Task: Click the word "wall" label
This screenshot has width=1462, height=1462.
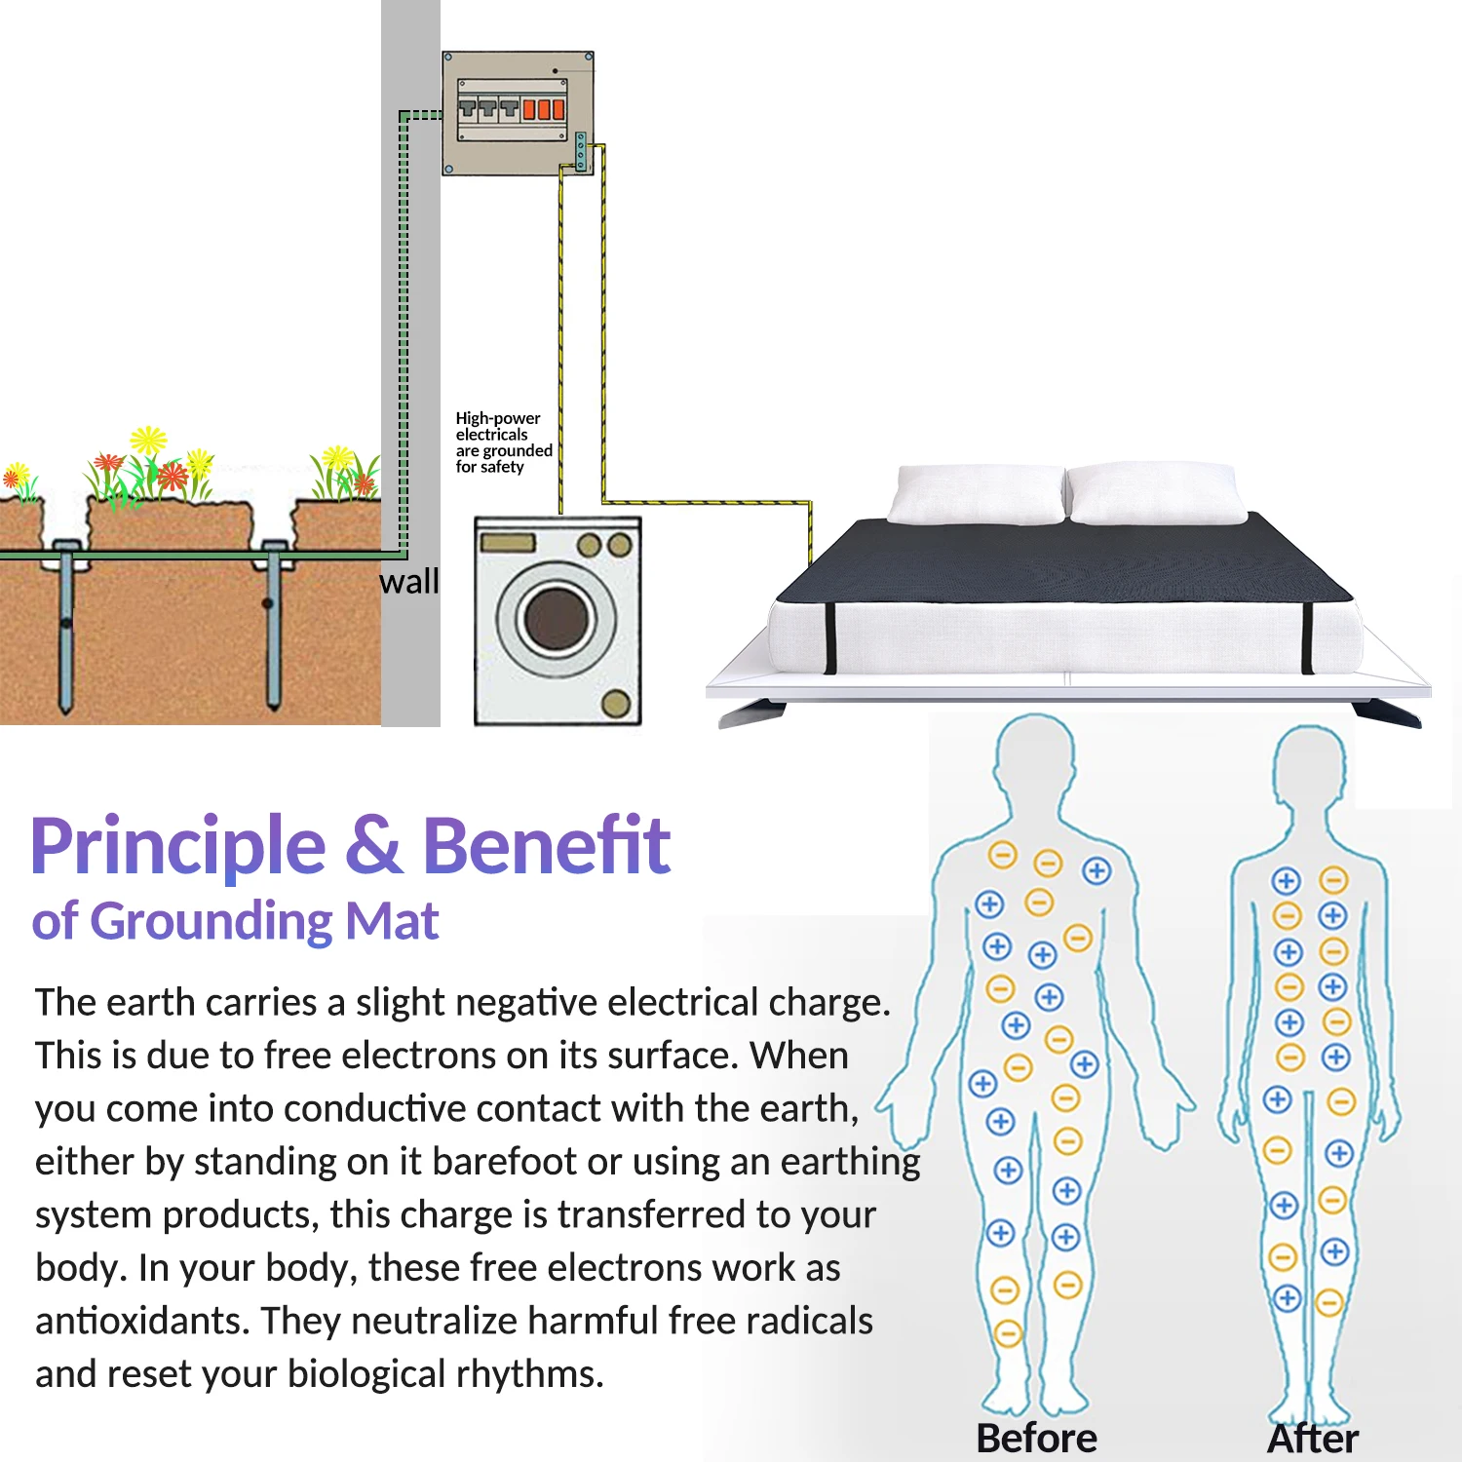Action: (408, 582)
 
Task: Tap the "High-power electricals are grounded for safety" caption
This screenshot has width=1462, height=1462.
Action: (503, 442)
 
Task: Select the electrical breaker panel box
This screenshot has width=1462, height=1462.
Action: (518, 113)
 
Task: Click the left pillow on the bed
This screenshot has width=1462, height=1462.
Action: (978, 494)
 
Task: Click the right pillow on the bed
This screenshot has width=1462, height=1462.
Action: (1156, 493)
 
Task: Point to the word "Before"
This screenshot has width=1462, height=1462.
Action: (1036, 1438)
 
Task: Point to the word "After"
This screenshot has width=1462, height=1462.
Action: (1313, 1438)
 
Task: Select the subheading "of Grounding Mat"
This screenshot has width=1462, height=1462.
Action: (235, 921)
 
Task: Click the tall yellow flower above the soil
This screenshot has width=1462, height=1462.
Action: (149, 441)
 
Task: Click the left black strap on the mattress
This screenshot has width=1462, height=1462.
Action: (830, 638)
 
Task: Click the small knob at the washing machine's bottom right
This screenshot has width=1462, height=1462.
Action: (615, 703)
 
